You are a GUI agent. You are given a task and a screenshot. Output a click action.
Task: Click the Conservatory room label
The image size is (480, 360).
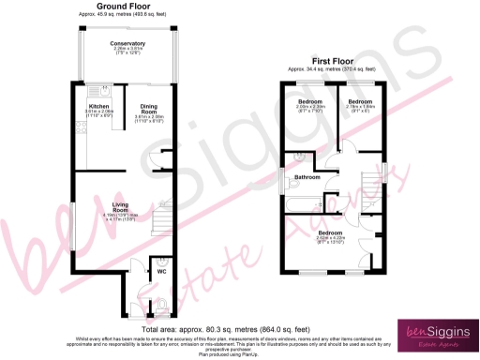click(x=127, y=44)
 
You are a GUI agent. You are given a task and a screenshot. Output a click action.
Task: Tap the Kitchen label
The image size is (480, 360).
click(x=99, y=107)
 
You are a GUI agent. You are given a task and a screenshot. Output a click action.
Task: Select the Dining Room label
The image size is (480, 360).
click(x=147, y=109)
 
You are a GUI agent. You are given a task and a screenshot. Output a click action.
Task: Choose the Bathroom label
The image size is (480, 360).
click(x=307, y=177)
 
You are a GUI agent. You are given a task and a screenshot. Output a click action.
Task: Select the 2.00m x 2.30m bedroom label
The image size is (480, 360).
click(x=309, y=101)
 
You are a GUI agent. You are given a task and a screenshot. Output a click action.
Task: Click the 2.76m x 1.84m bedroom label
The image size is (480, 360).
click(x=359, y=101)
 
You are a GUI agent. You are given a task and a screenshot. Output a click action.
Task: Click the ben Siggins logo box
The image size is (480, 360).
click(x=439, y=335)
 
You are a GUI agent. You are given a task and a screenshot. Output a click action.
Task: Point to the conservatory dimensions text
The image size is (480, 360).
click(x=127, y=52)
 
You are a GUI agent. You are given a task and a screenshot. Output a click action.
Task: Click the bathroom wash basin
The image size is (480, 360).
click(x=298, y=157)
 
